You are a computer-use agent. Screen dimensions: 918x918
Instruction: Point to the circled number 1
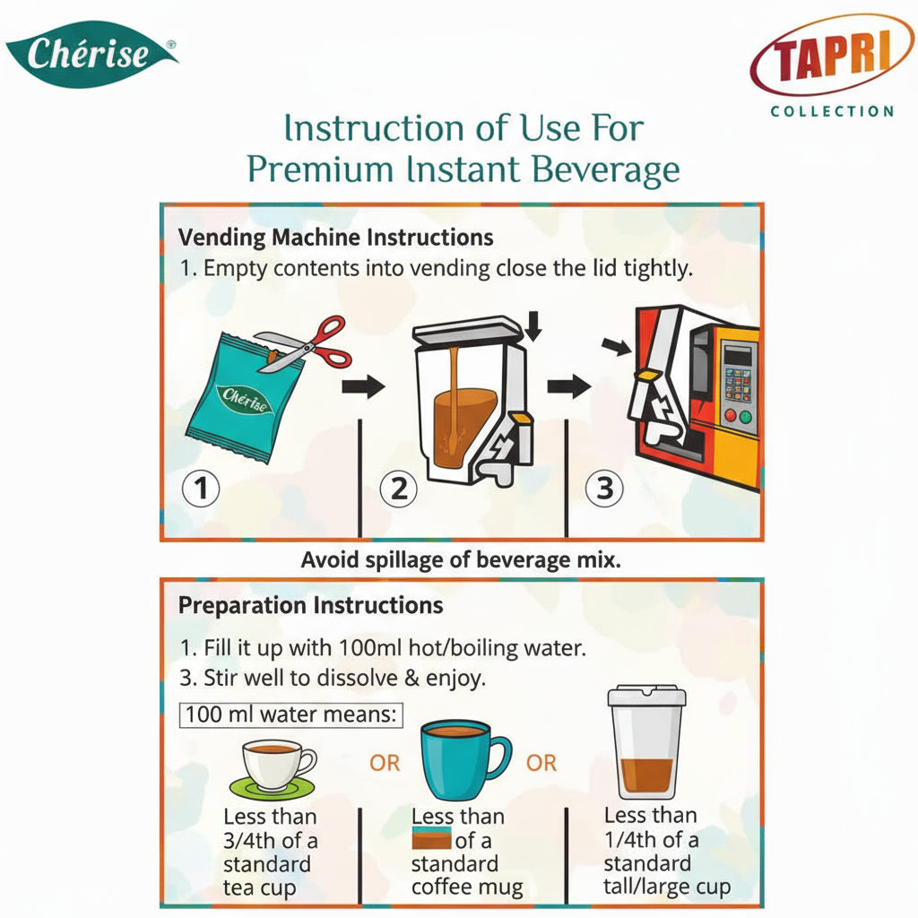click(x=201, y=489)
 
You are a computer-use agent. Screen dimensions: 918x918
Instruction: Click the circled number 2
click(x=399, y=489)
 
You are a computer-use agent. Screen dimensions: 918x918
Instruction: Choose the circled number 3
click(x=604, y=489)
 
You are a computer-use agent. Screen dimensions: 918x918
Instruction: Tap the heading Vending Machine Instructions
click(x=335, y=238)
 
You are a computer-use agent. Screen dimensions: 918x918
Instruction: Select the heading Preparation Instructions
click(x=310, y=605)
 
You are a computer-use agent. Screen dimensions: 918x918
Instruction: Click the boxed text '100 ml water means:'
click(x=292, y=716)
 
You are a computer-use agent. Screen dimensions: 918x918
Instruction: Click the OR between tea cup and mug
click(x=385, y=764)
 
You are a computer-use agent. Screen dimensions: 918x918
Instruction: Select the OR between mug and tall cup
click(x=541, y=764)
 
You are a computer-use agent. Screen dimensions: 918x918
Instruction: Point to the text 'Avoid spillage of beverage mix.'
click(x=461, y=561)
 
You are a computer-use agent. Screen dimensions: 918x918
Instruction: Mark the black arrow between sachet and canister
click(x=363, y=387)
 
